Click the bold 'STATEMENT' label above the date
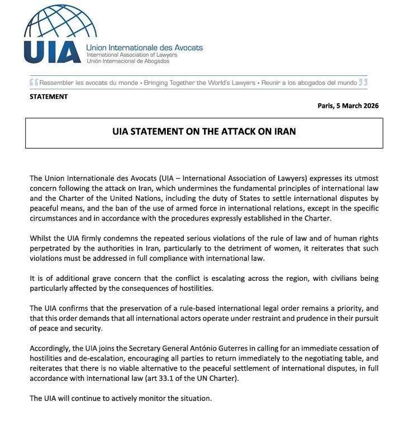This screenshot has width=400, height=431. [49, 97]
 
